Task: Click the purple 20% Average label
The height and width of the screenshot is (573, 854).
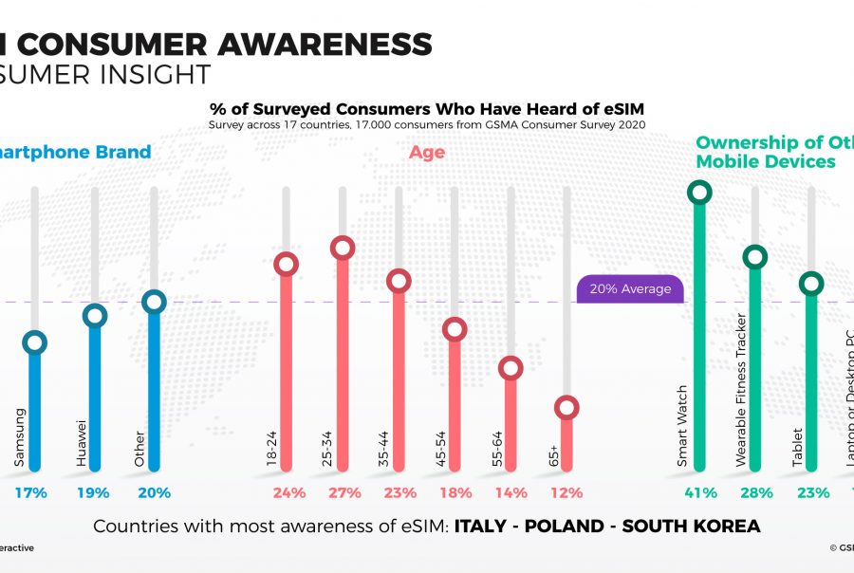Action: tap(630, 289)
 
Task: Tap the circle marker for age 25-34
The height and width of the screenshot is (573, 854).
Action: tap(343, 248)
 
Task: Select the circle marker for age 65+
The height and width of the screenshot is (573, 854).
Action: tap(566, 408)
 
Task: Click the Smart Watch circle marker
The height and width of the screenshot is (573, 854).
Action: tap(699, 193)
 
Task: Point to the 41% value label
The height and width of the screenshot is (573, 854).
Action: tap(699, 492)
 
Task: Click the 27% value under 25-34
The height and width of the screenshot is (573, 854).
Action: tap(343, 492)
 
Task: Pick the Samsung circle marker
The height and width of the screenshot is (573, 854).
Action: tap(35, 342)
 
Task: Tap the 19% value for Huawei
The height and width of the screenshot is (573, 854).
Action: tap(94, 492)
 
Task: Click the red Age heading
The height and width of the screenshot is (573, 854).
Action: tap(427, 152)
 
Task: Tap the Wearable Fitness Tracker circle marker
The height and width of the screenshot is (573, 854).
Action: tap(755, 256)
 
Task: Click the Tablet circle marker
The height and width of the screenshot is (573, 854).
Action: tap(811, 283)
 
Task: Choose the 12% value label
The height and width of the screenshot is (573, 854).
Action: tap(566, 492)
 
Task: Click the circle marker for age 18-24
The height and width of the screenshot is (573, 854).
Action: tap(287, 264)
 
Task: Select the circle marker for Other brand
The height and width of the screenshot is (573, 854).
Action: tap(154, 302)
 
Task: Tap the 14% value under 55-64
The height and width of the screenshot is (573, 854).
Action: tap(511, 492)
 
